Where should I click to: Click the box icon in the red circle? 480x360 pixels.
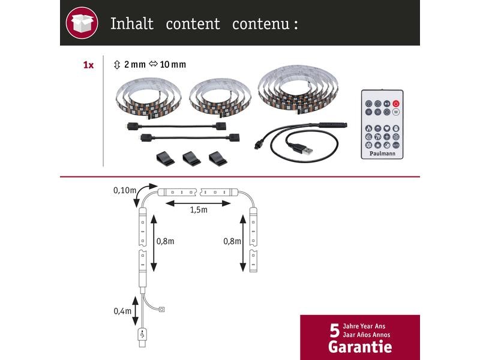82,23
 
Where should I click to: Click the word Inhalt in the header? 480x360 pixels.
132,23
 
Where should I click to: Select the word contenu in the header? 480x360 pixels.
260,24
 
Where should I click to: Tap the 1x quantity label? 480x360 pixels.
88,65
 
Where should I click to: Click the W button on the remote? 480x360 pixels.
396,112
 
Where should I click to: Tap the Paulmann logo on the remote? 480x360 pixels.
382,154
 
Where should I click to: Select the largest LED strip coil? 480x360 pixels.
298,89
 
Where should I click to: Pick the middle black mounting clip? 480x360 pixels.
191,158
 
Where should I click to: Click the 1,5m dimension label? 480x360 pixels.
199,210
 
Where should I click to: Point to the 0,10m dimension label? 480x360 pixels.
125,190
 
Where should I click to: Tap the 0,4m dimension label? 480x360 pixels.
122,311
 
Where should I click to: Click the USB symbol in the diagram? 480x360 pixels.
142,335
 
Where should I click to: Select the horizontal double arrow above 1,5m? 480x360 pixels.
198,203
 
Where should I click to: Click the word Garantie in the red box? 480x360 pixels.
360,347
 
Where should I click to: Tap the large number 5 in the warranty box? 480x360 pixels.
335,331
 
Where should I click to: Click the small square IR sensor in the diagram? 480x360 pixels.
162,310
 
